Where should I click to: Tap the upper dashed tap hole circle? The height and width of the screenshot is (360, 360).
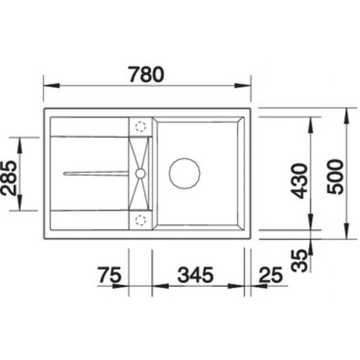point(142,127)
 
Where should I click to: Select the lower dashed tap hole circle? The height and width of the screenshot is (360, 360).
point(142,220)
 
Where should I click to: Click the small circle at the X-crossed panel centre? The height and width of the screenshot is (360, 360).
point(140,173)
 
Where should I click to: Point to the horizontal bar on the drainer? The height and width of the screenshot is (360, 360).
point(96,173)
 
